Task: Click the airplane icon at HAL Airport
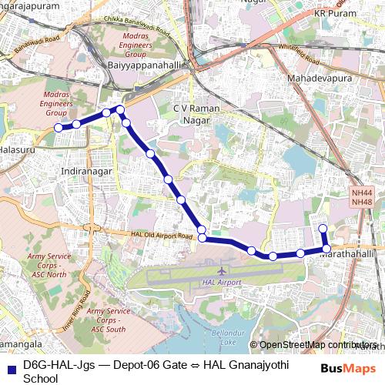tap(223, 271)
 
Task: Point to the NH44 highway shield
tap(361, 192)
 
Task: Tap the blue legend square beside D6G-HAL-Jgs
tap(11, 368)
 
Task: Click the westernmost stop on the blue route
tap(58, 128)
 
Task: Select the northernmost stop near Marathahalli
tap(323, 227)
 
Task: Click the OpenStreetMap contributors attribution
tap(318, 345)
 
